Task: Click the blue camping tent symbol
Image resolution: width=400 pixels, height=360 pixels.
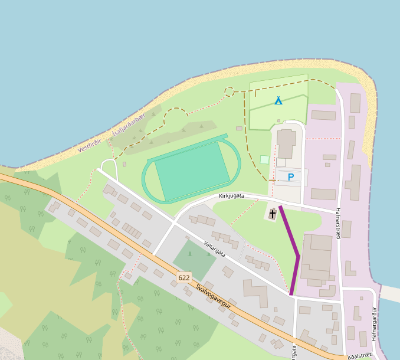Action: point(278,100)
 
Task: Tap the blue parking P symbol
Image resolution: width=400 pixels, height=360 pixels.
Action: point(290,176)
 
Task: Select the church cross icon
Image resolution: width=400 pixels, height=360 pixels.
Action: point(273,214)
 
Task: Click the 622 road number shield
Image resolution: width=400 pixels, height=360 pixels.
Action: point(184,277)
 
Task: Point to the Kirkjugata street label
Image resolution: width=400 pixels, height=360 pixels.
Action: point(231,195)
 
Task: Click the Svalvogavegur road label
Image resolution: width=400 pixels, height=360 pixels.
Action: point(213,299)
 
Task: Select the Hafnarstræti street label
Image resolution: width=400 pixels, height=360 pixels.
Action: point(338,223)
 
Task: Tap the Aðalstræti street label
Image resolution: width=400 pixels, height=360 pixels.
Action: point(360,355)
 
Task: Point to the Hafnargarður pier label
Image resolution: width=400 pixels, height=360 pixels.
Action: point(374,324)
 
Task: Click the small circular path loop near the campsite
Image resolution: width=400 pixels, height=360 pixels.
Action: point(229,91)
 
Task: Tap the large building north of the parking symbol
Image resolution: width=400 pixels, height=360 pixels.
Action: point(287,143)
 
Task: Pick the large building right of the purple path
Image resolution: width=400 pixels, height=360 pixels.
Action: point(317,257)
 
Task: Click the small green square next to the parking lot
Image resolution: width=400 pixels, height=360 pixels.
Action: point(264,159)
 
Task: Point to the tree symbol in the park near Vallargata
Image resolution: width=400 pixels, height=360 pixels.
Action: point(189,254)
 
